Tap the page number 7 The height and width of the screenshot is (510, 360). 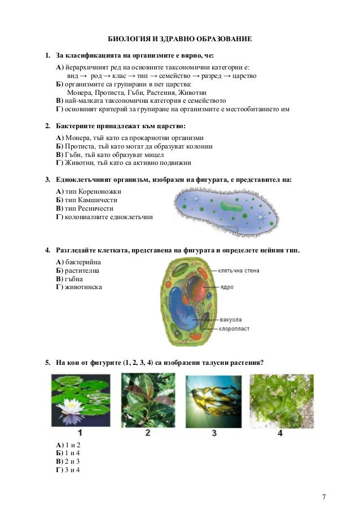[323, 496]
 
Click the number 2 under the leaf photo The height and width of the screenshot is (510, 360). [147, 433]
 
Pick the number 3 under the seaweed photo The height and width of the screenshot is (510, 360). [214, 433]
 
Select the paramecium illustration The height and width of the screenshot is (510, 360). [226, 210]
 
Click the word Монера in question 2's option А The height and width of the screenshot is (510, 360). [76, 138]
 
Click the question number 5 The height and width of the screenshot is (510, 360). [48, 362]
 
